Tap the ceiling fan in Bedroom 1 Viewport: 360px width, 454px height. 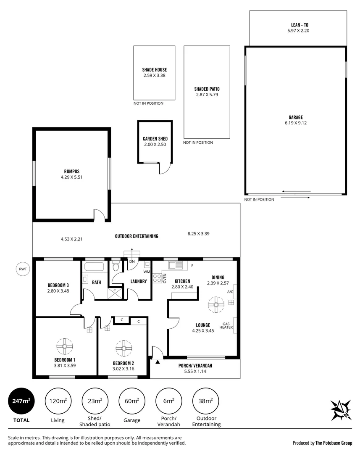click(x=65, y=346)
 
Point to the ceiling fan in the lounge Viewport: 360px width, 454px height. click(x=216, y=305)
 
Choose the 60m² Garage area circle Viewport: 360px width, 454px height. click(x=132, y=401)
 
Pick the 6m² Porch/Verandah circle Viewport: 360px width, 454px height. click(x=168, y=401)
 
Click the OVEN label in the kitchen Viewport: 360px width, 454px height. click(x=165, y=278)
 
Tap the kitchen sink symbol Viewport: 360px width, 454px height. click(x=176, y=265)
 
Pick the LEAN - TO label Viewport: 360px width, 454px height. click(x=298, y=25)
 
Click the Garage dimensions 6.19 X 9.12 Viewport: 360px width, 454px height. click(x=296, y=123)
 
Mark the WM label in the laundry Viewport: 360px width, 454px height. click(x=146, y=272)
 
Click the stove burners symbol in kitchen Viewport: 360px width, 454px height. click(x=157, y=278)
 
